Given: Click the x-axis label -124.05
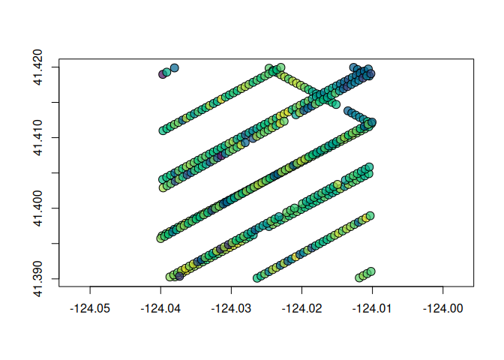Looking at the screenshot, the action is point(90,308).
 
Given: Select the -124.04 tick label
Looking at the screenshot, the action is point(160,308).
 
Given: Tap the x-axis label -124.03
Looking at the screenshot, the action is point(231,308).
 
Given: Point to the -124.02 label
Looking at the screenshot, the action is point(301,308).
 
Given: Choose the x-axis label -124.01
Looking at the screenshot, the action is point(372,308).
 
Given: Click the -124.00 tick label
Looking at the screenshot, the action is point(443,308).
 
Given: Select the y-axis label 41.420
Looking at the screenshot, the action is point(38,67).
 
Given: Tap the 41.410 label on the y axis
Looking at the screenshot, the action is point(38,138).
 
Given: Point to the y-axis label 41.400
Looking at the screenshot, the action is point(38,208).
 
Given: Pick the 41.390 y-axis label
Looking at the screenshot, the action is point(38,279).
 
